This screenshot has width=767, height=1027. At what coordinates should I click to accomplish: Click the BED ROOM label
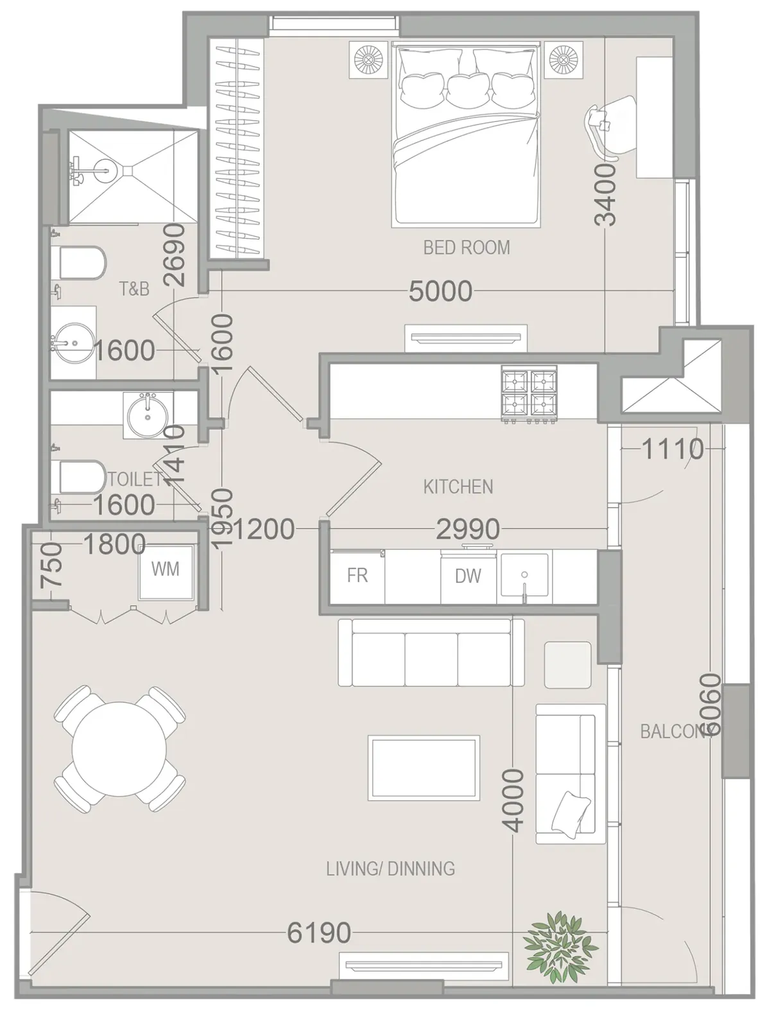click(466, 248)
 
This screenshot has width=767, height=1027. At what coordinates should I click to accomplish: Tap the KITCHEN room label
click(458, 487)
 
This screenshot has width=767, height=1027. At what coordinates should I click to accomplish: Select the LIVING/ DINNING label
click(390, 868)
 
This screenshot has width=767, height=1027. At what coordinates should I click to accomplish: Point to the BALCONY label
click(677, 731)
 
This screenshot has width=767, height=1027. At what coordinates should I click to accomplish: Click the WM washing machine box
click(166, 572)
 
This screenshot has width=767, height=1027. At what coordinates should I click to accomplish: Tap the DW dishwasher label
click(468, 576)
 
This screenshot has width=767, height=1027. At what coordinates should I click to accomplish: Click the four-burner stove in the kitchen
click(530, 394)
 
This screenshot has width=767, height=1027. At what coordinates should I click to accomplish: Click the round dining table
click(119, 748)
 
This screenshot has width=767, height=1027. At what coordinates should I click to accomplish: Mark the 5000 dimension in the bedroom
click(440, 291)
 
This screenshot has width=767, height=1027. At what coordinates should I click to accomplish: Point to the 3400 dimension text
click(606, 194)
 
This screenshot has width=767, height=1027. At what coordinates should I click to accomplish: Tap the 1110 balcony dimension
click(673, 449)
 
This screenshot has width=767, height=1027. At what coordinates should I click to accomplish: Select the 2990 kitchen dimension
click(468, 529)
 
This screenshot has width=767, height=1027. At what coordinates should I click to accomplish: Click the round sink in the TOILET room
click(148, 415)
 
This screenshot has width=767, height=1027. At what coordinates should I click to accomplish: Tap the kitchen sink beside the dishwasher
click(524, 575)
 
